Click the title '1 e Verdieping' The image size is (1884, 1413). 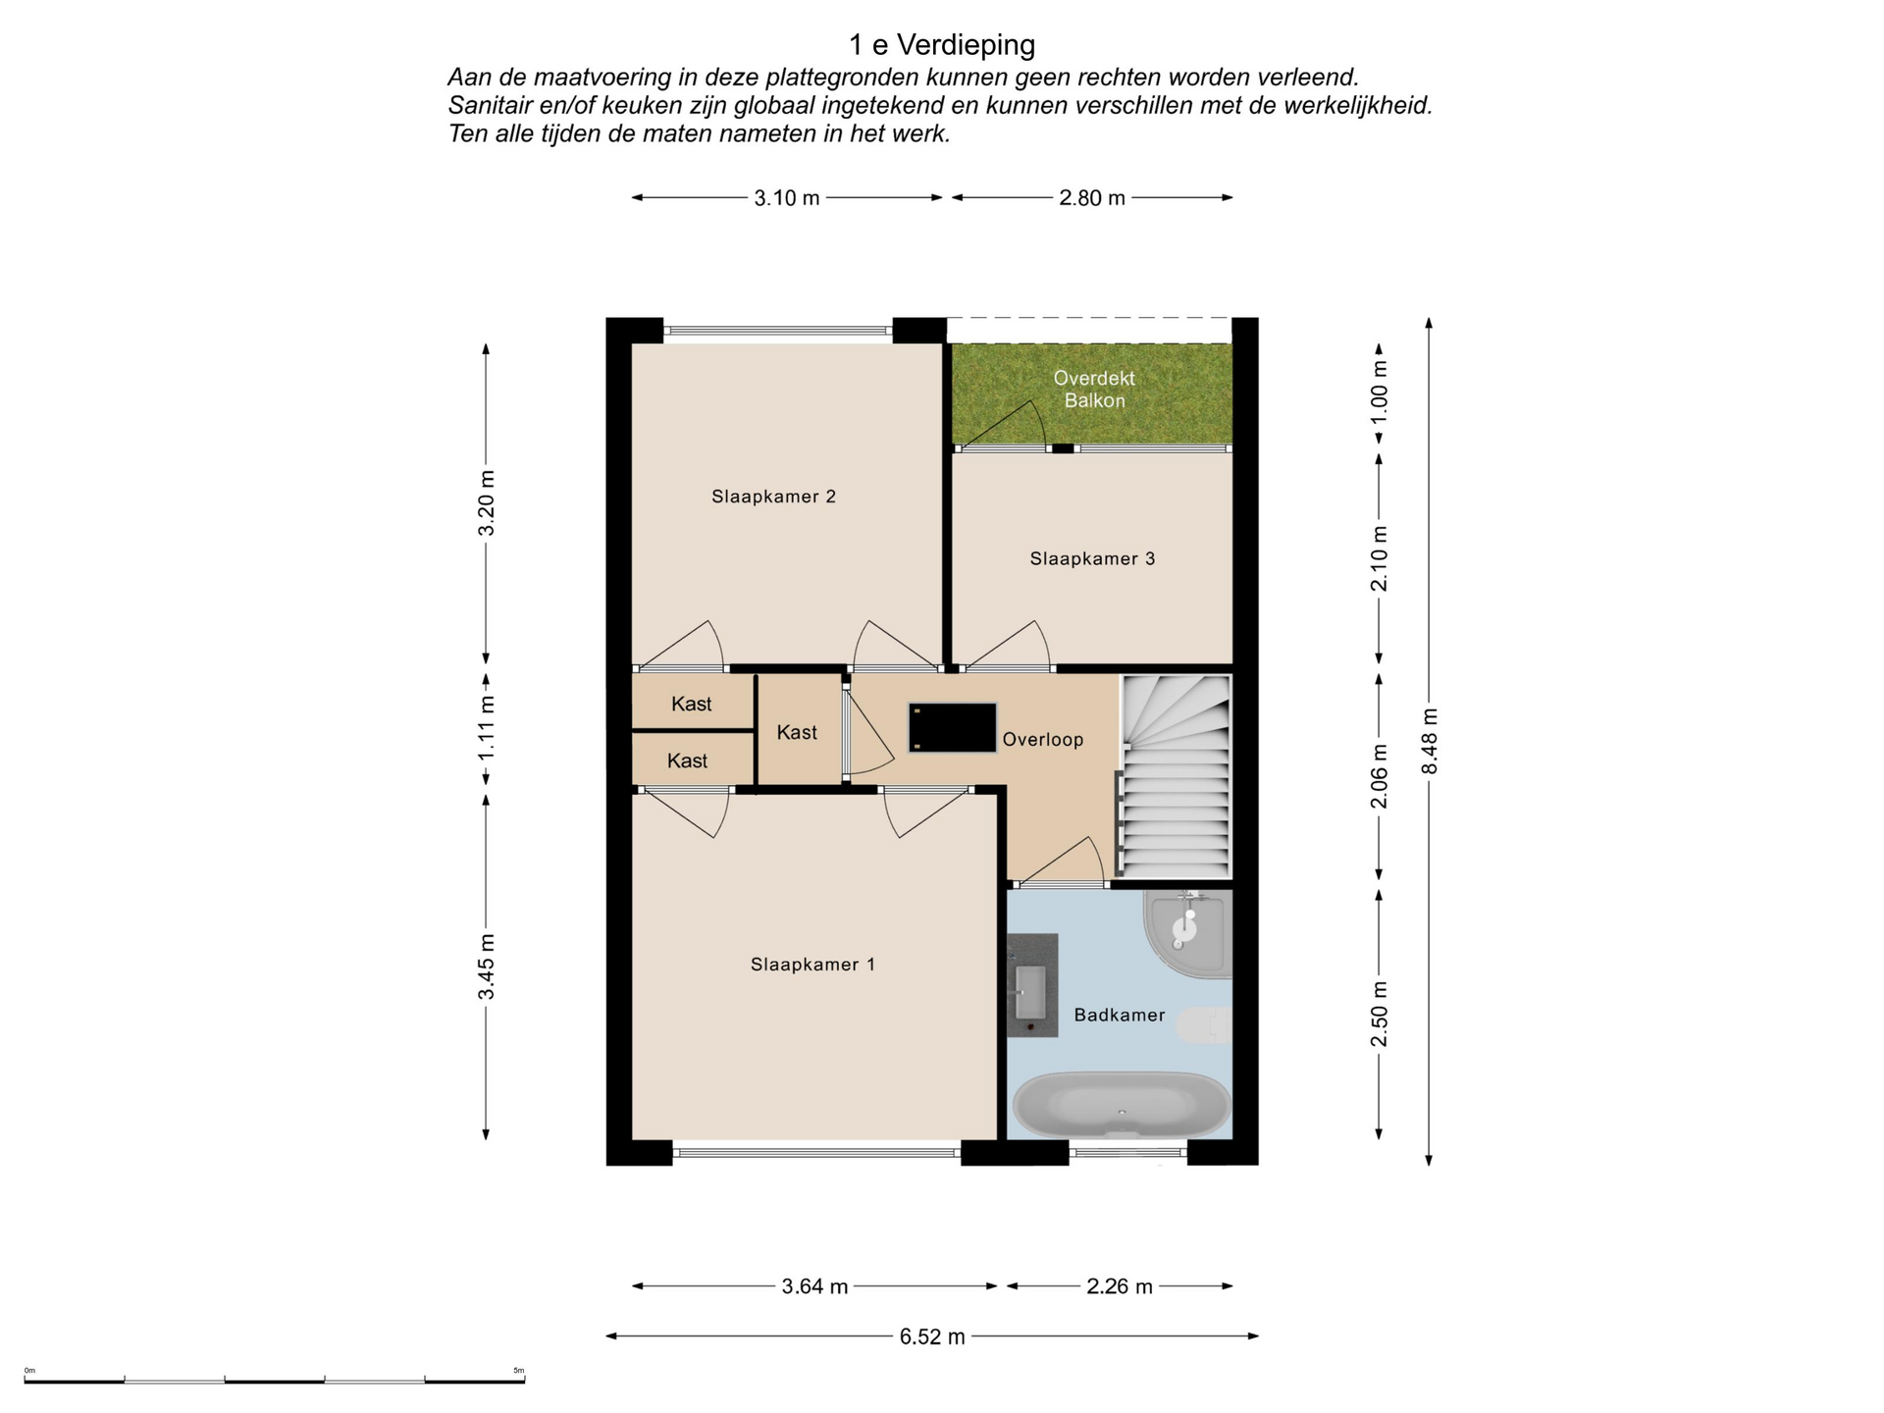tap(942, 45)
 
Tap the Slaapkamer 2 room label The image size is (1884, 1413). tap(774, 497)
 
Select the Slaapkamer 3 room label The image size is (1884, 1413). tap(1092, 559)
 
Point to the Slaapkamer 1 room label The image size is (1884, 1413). tap(812, 965)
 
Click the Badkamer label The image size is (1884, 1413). tap(1120, 1016)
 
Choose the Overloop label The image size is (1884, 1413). tap(1043, 740)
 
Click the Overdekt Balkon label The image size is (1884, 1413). tap(1094, 390)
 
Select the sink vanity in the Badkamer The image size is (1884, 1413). tap(1032, 985)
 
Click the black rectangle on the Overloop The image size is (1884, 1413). tap(952, 727)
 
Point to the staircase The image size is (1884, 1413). tap(1176, 776)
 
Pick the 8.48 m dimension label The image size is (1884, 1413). tap(1430, 741)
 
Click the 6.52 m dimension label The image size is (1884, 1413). tap(932, 1336)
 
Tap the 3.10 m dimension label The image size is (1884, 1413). tap(787, 198)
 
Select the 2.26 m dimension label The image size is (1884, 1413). tap(1120, 1286)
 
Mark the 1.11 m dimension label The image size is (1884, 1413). tap(487, 727)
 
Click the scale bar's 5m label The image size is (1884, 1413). tap(519, 1371)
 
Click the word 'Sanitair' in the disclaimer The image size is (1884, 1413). tap(493, 105)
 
